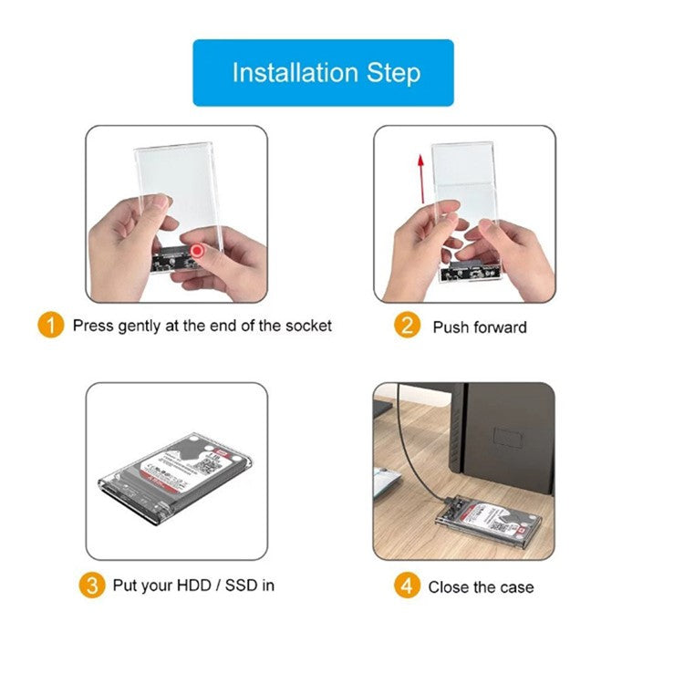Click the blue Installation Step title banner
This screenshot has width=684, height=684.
tap(323, 73)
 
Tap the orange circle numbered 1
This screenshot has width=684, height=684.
tap(51, 325)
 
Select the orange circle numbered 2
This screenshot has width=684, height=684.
tap(407, 326)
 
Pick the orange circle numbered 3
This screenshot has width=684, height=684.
tap(92, 585)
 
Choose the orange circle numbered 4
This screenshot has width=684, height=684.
tap(407, 586)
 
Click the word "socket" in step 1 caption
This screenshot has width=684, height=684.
tap(306, 326)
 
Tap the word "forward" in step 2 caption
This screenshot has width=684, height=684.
tap(500, 326)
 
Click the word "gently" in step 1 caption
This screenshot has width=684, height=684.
tap(143, 326)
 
